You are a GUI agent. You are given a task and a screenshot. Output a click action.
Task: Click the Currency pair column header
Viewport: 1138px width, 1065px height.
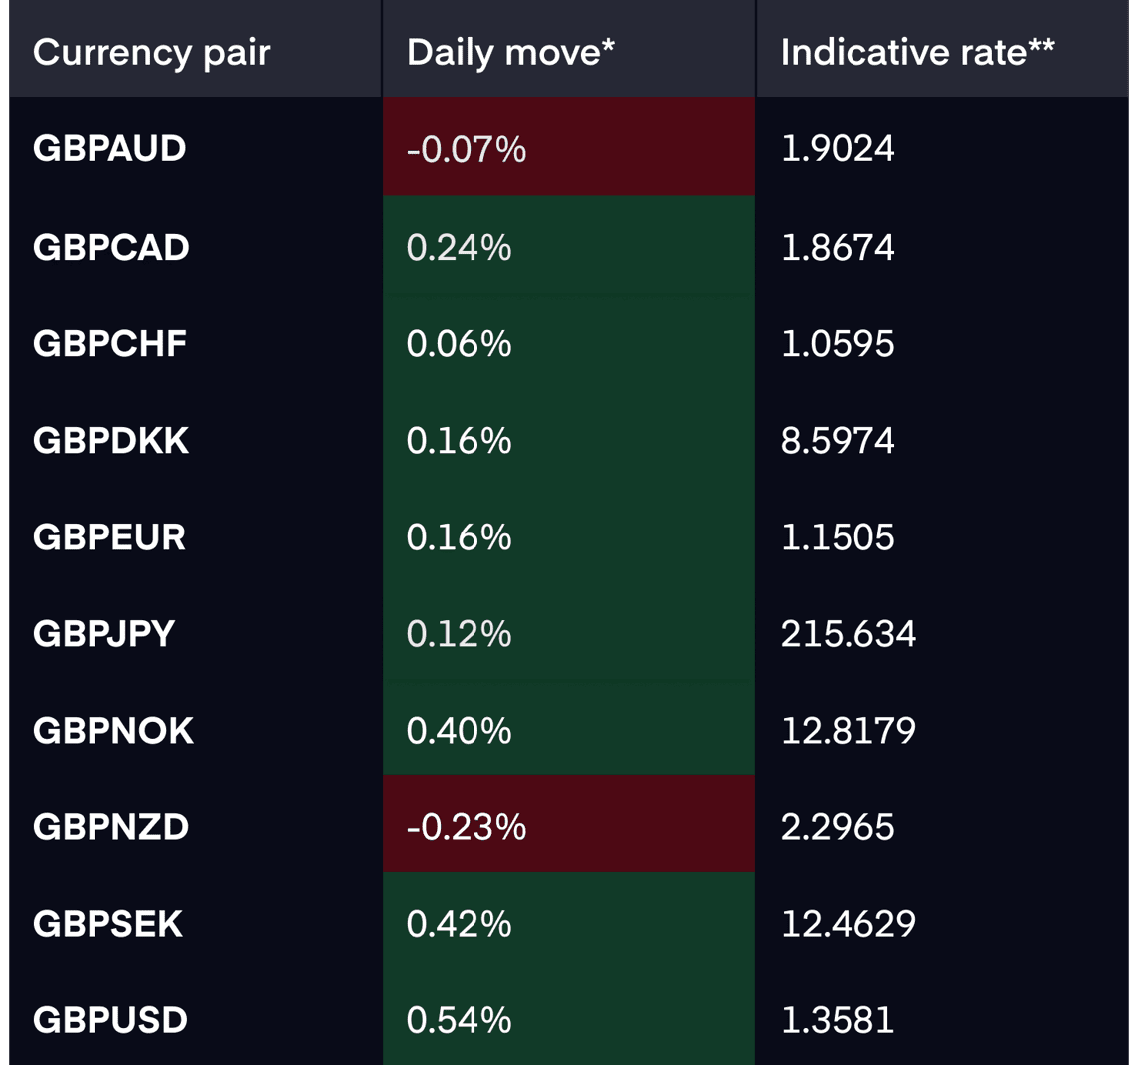click(151, 53)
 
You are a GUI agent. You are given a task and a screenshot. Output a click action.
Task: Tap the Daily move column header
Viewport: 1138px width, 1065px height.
click(510, 53)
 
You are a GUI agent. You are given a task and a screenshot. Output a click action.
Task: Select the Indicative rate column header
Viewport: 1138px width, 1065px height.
click(917, 53)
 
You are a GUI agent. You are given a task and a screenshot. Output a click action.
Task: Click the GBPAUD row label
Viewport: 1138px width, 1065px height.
click(109, 149)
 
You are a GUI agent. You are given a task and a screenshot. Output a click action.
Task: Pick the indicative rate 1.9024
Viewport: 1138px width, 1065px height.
click(838, 149)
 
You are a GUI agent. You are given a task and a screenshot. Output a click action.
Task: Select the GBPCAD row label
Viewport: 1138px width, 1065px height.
click(111, 248)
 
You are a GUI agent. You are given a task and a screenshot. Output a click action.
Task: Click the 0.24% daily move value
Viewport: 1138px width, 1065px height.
click(459, 248)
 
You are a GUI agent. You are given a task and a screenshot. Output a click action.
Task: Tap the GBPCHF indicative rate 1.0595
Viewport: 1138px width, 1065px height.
click(838, 344)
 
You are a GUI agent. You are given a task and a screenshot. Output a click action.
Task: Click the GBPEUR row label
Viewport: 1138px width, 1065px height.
click(109, 537)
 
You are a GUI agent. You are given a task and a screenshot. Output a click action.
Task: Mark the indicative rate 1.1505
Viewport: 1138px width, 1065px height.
click(838, 537)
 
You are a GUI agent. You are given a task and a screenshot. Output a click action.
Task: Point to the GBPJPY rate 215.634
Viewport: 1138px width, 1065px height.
click(849, 634)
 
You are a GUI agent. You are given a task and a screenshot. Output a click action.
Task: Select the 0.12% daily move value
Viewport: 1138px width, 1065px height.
click(459, 634)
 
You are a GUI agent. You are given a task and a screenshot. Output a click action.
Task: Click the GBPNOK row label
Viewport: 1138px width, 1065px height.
click(113, 731)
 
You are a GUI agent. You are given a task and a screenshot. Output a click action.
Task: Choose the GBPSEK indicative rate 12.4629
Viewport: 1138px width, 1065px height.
click(849, 924)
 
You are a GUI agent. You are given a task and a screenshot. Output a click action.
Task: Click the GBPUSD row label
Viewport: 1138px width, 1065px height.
click(110, 1020)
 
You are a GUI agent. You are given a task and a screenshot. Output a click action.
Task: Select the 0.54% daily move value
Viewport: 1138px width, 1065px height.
click(459, 1020)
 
